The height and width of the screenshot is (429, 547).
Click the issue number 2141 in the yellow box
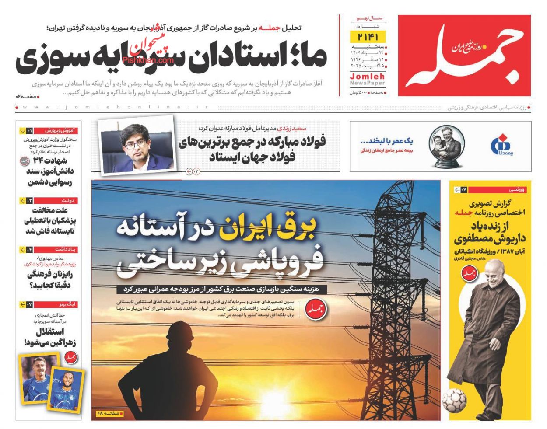(x=368, y=36)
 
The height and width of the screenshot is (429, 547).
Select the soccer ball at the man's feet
(x=454, y=400)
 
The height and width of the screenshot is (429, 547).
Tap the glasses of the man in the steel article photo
(x=135, y=143)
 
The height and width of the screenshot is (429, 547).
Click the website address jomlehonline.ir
(x=114, y=107)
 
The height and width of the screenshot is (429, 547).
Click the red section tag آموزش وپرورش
(x=61, y=130)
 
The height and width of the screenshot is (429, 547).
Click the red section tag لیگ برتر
(x=67, y=304)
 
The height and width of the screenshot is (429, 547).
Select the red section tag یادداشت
(x=66, y=249)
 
